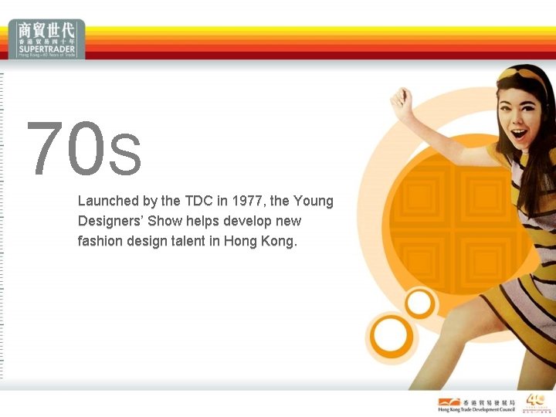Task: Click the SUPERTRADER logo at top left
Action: (47, 39)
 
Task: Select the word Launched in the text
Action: (108, 201)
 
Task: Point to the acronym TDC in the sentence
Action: (198, 201)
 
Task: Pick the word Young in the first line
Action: (314, 201)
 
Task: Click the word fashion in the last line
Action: (99, 241)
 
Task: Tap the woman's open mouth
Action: (519, 134)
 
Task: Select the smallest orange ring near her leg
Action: (419, 303)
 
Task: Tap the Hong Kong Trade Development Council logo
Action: (476, 405)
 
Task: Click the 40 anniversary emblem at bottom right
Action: (537, 402)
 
